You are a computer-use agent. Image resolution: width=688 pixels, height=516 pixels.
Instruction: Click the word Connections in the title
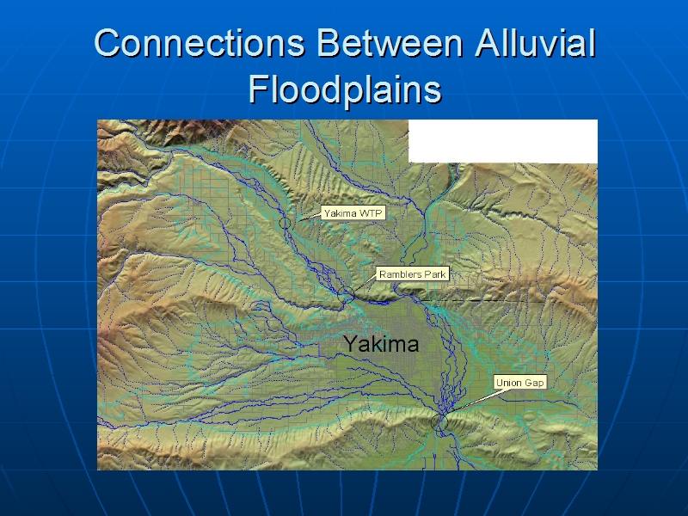200,43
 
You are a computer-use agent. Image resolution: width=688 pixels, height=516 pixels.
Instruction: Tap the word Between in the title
390,43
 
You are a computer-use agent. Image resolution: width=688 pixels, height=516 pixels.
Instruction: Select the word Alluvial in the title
535,43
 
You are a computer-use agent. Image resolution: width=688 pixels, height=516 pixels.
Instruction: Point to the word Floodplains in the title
345,90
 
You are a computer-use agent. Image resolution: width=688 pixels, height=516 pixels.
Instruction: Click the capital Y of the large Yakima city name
352,343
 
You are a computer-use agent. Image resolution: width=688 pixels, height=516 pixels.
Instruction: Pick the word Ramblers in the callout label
397,274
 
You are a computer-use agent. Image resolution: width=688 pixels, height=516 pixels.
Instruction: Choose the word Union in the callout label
508,383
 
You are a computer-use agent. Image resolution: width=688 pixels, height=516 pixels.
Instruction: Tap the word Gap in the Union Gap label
533,383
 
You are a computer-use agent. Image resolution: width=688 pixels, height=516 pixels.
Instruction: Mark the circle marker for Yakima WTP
285,218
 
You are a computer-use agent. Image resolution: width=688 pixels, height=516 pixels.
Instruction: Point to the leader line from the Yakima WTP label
310,217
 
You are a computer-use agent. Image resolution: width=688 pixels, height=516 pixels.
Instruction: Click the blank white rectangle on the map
503,141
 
